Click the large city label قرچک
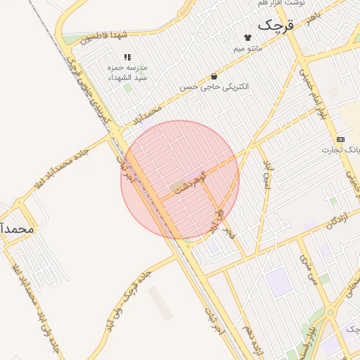274,26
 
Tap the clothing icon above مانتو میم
247,37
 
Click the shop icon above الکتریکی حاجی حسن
213,76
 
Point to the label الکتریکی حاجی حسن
214,87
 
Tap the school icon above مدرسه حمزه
127,57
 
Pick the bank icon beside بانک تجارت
341,139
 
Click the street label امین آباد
267,173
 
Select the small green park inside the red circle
175,186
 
